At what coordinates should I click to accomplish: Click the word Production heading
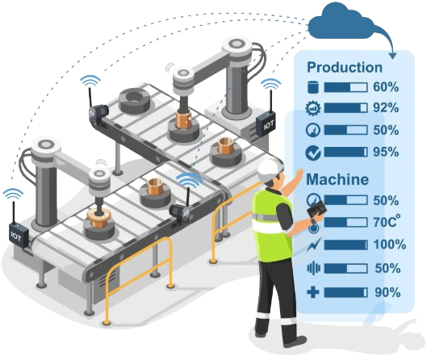345,67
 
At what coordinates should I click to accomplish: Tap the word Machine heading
337,179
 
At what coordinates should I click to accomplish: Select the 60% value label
386,87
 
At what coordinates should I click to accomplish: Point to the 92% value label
386,107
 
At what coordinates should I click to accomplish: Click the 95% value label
386,152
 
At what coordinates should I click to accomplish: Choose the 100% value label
390,245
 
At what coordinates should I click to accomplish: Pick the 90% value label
387,292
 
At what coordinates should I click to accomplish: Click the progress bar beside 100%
345,245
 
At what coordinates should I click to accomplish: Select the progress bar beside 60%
345,88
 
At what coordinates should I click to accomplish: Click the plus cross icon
313,292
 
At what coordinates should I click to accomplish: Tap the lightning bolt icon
313,245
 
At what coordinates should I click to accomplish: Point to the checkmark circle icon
313,153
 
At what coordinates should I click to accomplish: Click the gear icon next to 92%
313,108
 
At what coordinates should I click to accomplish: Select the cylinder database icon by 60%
313,88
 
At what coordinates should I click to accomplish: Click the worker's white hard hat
268,168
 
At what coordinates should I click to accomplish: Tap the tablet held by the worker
317,210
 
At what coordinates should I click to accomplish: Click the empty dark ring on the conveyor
135,101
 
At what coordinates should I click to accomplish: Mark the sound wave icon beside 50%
314,269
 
